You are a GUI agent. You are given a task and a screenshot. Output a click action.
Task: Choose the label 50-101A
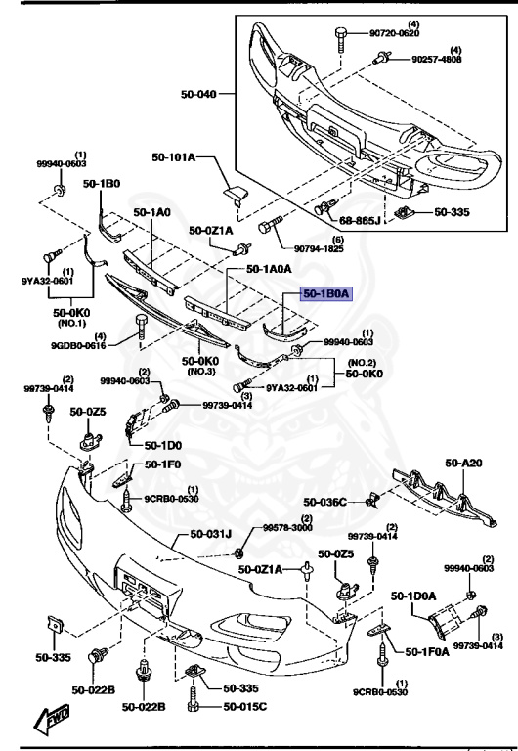(173, 156)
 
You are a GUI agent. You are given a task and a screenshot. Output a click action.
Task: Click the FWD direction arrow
(50, 723)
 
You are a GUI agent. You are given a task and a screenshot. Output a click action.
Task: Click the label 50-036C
(324, 502)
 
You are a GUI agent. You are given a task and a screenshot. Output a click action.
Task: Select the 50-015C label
(246, 706)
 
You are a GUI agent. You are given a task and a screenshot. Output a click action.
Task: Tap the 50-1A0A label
(272, 268)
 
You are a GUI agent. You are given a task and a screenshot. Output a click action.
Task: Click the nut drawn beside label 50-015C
(194, 705)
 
